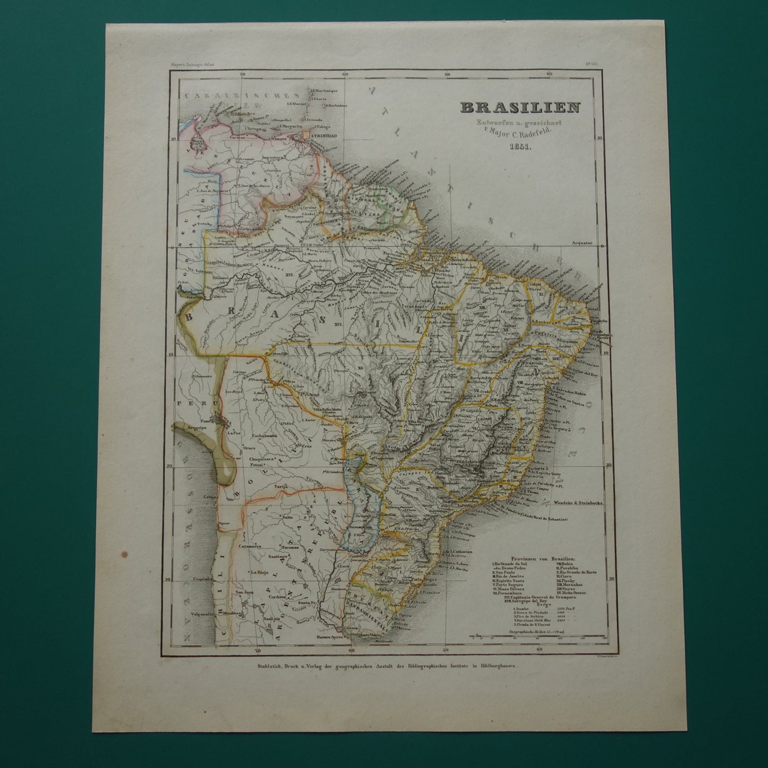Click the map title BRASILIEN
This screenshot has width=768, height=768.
tap(520, 107)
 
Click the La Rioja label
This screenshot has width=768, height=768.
tap(263, 572)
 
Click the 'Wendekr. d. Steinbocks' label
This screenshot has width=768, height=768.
tap(578, 501)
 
